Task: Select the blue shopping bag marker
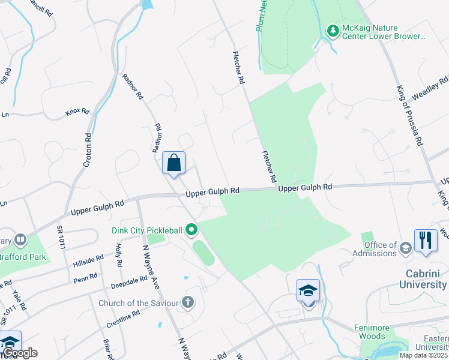[x=173, y=163]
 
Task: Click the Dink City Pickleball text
[x=146, y=230]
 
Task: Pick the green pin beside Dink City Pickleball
[x=191, y=229]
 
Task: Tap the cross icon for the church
[x=188, y=302]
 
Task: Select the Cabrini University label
[x=424, y=279]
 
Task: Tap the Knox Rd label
[x=77, y=112]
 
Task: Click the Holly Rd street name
[x=119, y=256]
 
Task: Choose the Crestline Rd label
[x=124, y=319]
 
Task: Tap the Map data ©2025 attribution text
[x=424, y=355]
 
